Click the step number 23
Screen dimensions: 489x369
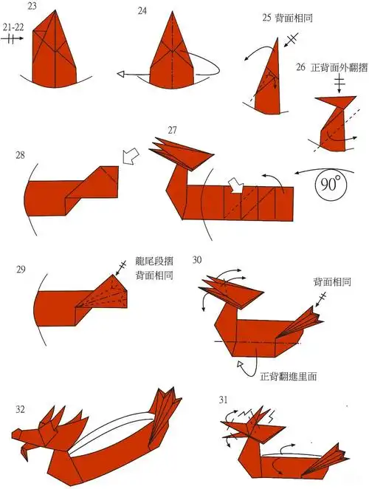[x=33, y=6]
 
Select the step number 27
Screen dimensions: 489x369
[x=172, y=131]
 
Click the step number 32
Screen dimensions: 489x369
[x=20, y=408]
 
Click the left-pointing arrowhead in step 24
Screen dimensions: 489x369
[x=122, y=74]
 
